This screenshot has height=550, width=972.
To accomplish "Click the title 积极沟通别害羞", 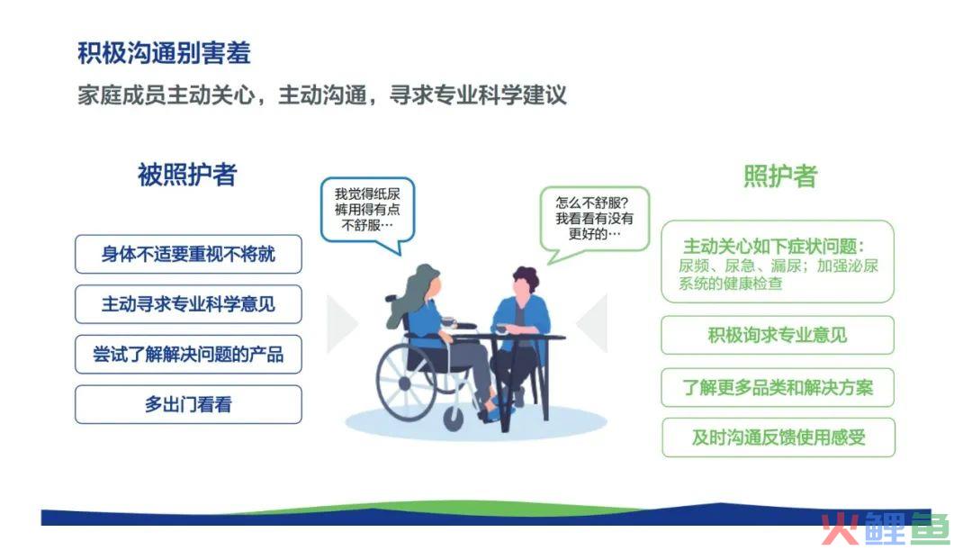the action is point(164,53).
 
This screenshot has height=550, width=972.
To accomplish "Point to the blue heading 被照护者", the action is point(187,175).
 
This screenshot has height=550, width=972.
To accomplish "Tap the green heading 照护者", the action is point(780,176).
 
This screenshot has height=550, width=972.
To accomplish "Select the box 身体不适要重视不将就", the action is point(188,254).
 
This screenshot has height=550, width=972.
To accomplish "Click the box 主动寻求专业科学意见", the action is point(188,304).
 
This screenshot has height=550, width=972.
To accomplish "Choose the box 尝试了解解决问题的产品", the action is point(188,355).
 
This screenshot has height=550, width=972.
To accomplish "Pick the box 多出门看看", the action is point(188,405).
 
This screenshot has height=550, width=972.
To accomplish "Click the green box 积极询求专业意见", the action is point(778,336).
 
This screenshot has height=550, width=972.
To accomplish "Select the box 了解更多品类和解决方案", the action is point(778,388).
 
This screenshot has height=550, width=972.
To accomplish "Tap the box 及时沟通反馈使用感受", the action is point(778,437).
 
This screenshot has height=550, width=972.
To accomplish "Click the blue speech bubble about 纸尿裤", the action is point(367,211).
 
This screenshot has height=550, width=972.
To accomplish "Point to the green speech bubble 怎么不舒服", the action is point(594,221).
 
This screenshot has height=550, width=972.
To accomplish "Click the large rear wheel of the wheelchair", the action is point(407,383).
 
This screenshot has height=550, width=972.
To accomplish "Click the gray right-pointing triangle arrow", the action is point(342,324).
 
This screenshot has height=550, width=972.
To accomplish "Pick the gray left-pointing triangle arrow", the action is point(592,324).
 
